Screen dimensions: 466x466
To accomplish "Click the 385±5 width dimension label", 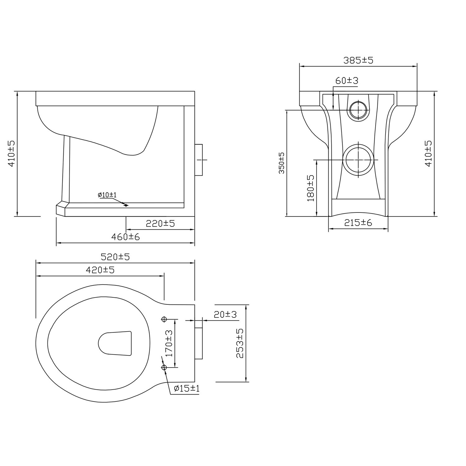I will pyautogui.click(x=358, y=60).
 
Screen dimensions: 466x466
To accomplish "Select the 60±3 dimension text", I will pyautogui.click(x=347, y=80).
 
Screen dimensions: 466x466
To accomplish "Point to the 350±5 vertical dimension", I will pyautogui.click(x=281, y=163).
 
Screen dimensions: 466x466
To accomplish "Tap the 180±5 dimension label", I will pyautogui.click(x=311, y=188).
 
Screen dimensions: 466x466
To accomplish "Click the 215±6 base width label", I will pyautogui.click(x=358, y=222).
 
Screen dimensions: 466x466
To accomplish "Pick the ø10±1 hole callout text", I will pyautogui.click(x=107, y=195).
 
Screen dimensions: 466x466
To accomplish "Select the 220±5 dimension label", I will pyautogui.click(x=160, y=223).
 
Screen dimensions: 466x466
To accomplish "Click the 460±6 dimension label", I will pyautogui.click(x=126, y=237).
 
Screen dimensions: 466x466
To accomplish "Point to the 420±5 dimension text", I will pyautogui.click(x=100, y=270).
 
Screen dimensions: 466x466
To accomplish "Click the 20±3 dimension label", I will pyautogui.click(x=225, y=314).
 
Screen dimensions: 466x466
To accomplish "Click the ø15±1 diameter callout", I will pyautogui.click(x=186, y=388).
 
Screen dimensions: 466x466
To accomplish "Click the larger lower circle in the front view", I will pyautogui.click(x=359, y=160).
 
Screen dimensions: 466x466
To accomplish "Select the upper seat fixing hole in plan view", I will pyautogui.click(x=164, y=319).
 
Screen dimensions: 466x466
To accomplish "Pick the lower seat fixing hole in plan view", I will pyautogui.click(x=164, y=368).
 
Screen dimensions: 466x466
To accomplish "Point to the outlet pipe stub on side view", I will pyautogui.click(x=199, y=160).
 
